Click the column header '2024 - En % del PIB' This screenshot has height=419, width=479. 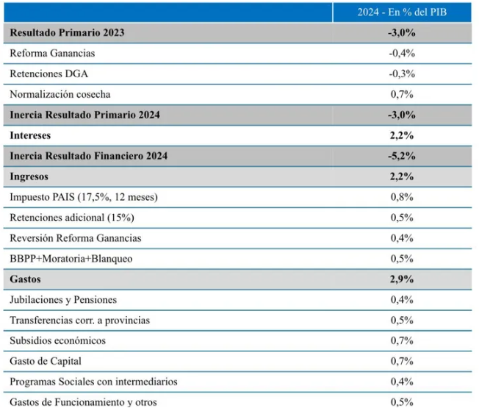click(402, 12)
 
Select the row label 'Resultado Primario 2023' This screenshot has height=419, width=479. click(67, 32)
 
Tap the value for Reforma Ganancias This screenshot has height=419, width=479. click(402, 53)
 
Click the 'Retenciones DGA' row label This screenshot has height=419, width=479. click(49, 74)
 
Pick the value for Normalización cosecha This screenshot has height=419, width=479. click(402, 94)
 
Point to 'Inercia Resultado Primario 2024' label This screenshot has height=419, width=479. click(85, 115)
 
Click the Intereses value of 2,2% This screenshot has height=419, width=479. click(402, 135)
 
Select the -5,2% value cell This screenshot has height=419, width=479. click(402, 156)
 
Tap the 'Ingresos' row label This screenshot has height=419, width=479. click(29, 176)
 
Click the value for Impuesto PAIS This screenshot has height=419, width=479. click(402, 197)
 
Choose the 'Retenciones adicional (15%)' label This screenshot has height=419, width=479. click(72, 218)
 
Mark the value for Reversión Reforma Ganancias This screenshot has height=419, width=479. click(402, 238)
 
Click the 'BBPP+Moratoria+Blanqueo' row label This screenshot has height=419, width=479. click(71, 259)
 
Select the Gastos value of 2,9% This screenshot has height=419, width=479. click(402, 279)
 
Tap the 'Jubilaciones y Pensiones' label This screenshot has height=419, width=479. click(63, 300)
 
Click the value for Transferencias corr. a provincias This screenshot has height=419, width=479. click(402, 320)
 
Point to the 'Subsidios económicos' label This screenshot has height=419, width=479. click(58, 340)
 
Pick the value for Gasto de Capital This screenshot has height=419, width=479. click(402, 361)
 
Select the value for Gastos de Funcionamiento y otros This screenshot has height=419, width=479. click(402, 402)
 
